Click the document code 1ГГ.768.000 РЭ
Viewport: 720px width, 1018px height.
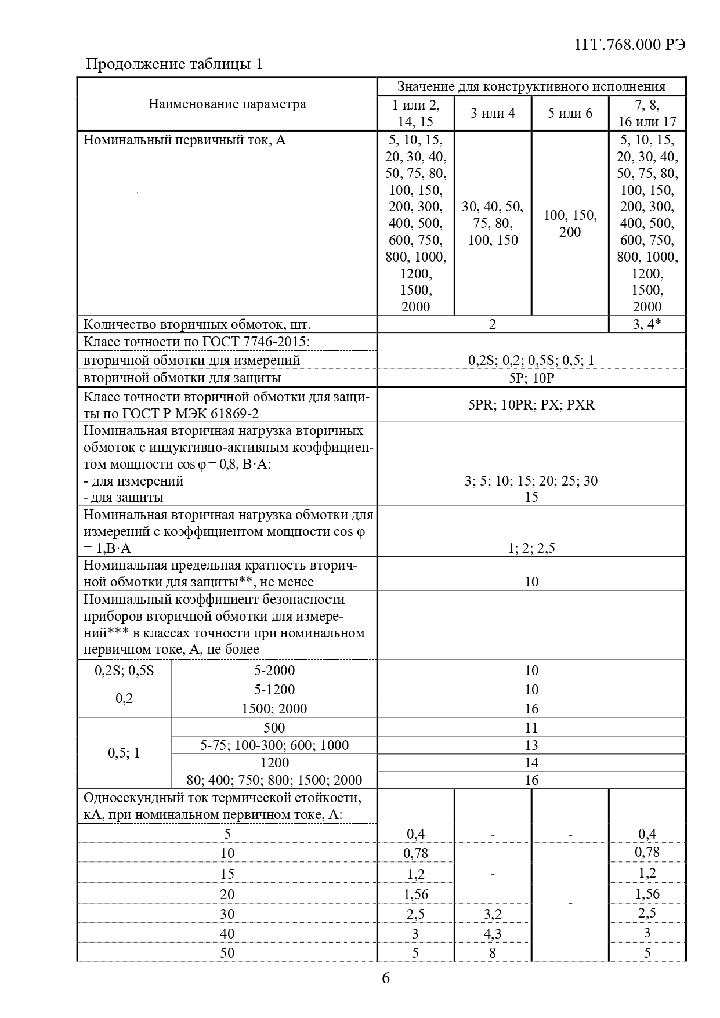coord(629,45)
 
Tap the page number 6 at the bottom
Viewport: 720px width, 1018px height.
coord(386,978)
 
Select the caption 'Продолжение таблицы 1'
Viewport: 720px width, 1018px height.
coord(174,64)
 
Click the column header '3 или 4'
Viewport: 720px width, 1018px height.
coord(493,113)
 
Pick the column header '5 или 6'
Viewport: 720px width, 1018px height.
coord(570,113)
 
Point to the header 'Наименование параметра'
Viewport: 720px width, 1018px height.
coord(227,104)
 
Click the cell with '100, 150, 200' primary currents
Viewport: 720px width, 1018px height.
coord(570,223)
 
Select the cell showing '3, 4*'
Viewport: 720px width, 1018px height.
coord(647,324)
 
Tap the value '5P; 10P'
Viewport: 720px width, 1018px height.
coord(531,378)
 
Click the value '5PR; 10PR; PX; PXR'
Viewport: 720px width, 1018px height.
coord(531,404)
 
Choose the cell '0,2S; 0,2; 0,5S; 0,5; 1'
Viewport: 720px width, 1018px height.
coord(531,360)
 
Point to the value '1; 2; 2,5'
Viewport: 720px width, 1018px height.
coord(531,548)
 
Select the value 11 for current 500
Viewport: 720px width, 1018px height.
coord(531,728)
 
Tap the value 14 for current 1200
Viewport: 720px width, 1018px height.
coord(531,763)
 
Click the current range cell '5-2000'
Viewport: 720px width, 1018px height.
coord(274,671)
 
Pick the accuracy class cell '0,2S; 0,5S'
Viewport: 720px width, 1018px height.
coord(124,671)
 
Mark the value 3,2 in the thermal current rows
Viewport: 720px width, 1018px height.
coord(493,914)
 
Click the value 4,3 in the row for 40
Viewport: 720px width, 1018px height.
coord(493,934)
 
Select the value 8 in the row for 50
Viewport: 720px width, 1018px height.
coord(493,953)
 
